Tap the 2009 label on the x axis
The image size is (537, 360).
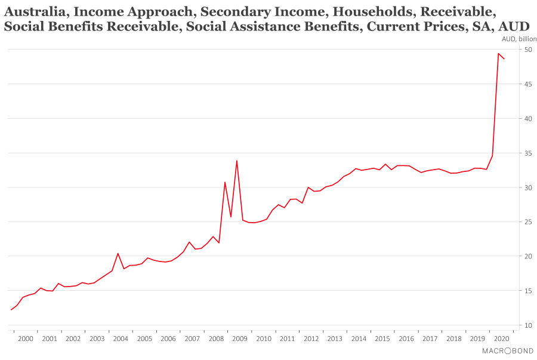point(239,339)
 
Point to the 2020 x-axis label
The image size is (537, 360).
point(501,339)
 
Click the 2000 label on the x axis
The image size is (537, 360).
point(25,339)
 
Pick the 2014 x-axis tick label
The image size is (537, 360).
point(359,339)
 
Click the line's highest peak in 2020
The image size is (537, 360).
point(498,54)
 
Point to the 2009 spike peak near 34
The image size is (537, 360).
point(237,161)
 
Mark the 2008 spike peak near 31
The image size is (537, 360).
point(225,182)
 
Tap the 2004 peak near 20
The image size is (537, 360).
point(118,253)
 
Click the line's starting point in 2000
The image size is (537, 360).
point(11,309)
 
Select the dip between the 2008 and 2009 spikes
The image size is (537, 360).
point(231,217)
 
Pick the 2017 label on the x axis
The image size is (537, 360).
point(430,339)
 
